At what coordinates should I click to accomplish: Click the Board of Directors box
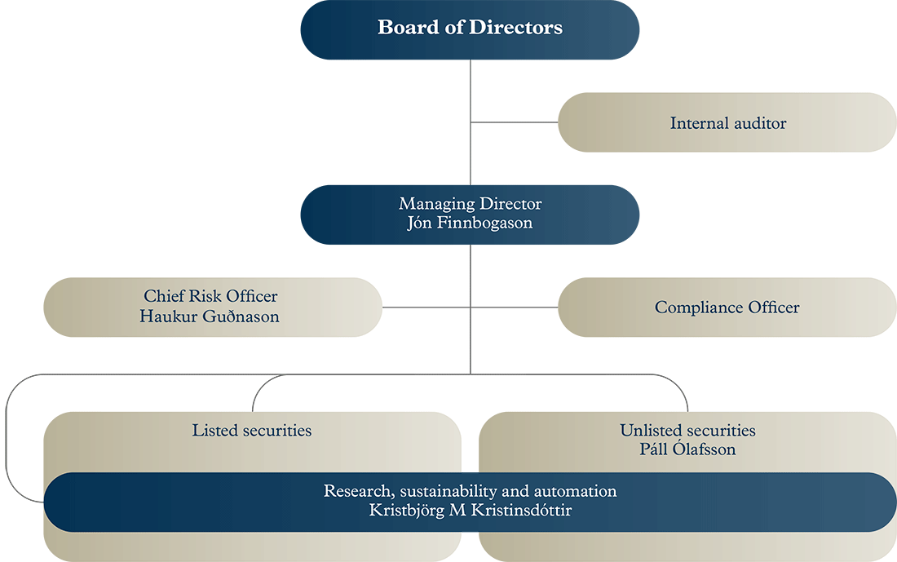(470, 29)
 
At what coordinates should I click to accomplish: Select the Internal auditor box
(727, 122)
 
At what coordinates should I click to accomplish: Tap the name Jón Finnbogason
(470, 223)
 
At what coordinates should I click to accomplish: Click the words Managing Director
(470, 204)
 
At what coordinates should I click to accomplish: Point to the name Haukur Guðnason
(210, 316)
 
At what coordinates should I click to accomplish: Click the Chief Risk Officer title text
(210, 296)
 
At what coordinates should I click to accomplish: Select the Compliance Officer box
(727, 308)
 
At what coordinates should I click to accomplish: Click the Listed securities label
(252, 430)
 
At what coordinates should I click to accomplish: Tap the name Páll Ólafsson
(687, 449)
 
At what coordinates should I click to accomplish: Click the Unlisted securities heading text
(687, 430)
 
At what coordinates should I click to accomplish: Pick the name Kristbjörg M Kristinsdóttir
(470, 511)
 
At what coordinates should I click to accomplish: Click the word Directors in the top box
(515, 28)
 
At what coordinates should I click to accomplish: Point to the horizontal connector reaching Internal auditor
(514, 122)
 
